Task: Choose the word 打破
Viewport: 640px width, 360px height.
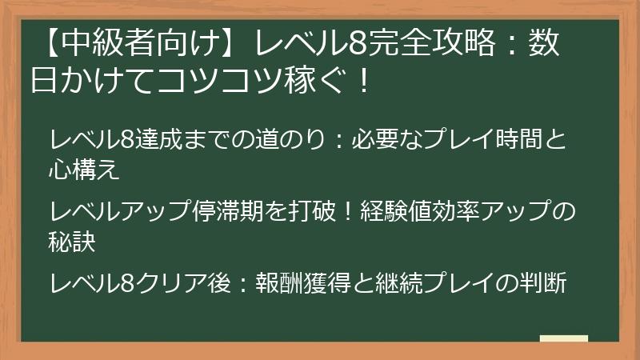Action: point(318,211)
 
